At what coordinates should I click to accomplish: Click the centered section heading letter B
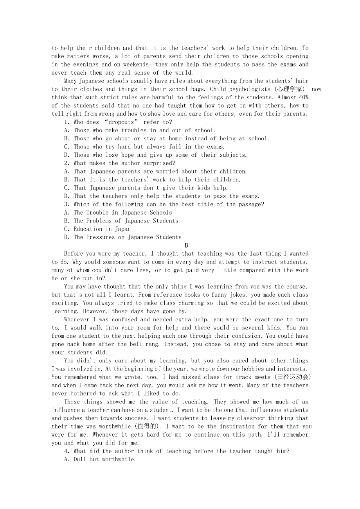[186, 246]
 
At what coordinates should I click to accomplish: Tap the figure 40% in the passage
[302, 97]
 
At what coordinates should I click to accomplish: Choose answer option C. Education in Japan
[97, 229]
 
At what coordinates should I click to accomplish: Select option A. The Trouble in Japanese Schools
[118, 213]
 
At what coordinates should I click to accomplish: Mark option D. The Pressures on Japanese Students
[123, 237]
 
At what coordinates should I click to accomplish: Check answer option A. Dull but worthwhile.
[100, 459]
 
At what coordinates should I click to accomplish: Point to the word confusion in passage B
[245, 336]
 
